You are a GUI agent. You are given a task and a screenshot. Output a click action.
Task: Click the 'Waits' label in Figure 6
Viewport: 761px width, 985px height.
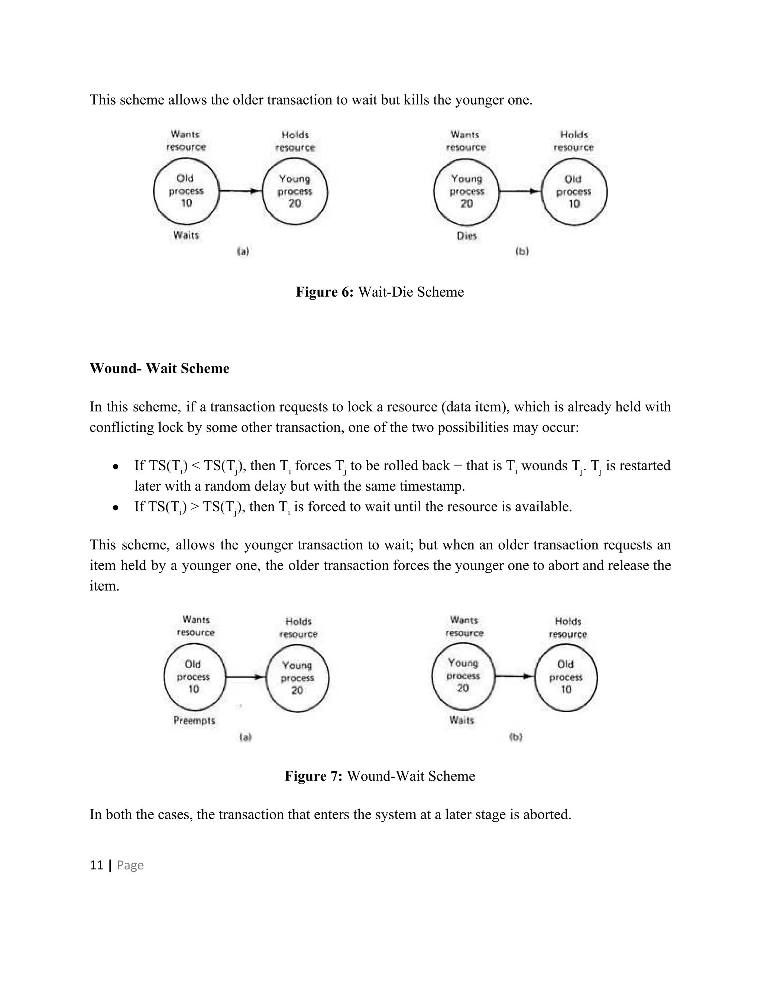(186, 235)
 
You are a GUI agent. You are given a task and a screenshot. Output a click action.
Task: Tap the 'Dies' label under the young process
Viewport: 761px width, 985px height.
(466, 235)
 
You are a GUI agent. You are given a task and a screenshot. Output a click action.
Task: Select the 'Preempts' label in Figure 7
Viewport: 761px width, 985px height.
(194, 720)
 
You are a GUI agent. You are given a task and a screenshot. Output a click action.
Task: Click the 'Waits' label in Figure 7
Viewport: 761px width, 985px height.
(462, 720)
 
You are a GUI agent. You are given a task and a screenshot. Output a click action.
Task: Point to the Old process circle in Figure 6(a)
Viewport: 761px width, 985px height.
(186, 191)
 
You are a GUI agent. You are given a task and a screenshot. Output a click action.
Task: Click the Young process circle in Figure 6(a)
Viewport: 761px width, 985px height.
(295, 191)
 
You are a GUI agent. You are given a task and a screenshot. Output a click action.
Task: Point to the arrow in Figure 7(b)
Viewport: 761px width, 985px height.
(514, 676)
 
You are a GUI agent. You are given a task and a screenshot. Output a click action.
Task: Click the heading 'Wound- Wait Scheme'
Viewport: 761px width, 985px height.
(159, 368)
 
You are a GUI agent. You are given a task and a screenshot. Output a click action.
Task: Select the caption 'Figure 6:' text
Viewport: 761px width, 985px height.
(325, 292)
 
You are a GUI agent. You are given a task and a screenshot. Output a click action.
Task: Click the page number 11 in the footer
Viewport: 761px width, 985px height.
(97, 865)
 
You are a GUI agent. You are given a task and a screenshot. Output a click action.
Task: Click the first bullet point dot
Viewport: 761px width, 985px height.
(116, 467)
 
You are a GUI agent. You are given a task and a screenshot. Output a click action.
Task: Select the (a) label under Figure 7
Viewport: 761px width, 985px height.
(245, 737)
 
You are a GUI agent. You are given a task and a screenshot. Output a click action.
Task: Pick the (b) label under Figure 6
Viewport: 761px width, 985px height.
(522, 252)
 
